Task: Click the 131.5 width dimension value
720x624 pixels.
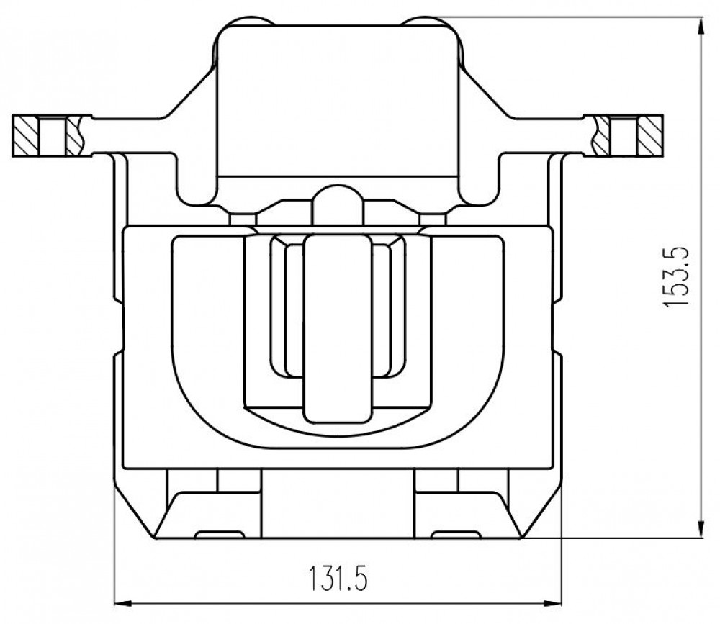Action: [x=338, y=578]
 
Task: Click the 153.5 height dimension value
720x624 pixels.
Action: [x=676, y=277]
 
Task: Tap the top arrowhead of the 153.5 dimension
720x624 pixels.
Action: [x=701, y=26]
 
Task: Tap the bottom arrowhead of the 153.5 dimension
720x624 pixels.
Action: [x=701, y=529]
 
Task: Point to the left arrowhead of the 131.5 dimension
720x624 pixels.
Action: [x=122, y=603]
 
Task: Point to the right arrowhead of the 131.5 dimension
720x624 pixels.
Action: [x=552, y=603]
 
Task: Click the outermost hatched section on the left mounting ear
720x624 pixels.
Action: [x=26, y=136]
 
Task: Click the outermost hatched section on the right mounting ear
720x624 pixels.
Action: [x=649, y=136]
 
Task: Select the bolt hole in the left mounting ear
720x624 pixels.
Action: [x=53, y=136]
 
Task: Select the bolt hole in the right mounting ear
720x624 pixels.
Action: [x=623, y=136]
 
